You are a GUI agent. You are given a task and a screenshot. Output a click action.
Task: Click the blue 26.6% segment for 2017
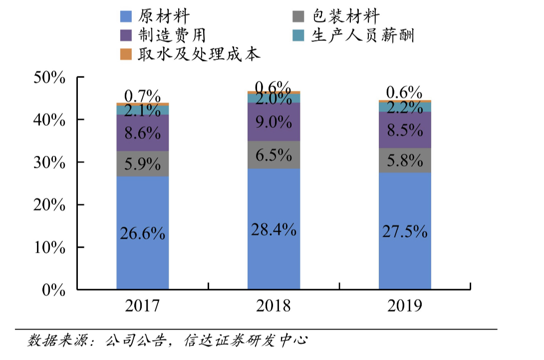pyautogui.click(x=142, y=233)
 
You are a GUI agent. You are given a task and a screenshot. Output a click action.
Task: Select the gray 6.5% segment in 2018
pyautogui.click(x=274, y=155)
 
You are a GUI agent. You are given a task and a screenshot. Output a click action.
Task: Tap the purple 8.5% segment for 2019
pyautogui.click(x=405, y=130)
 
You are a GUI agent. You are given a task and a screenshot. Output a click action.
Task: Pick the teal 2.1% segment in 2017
pyautogui.click(x=142, y=110)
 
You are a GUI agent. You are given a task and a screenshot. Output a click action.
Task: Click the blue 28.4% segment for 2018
pyautogui.click(x=274, y=229)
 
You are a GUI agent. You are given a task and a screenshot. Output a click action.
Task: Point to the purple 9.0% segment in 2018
pyautogui.click(x=274, y=121)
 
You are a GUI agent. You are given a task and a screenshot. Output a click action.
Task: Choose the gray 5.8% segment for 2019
pyautogui.click(x=405, y=160)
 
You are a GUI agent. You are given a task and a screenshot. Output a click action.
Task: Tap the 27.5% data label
pyautogui.click(x=405, y=232)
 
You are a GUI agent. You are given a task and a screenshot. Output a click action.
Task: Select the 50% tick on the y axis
pyautogui.click(x=49, y=78)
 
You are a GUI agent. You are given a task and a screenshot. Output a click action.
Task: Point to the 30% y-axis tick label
pyautogui.click(x=49, y=163)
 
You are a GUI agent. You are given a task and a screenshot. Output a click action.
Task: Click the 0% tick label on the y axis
pyautogui.click(x=53, y=290)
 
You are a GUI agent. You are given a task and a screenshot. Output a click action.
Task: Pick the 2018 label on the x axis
pyautogui.click(x=273, y=306)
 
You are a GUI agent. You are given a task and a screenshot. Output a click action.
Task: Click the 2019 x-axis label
pyautogui.click(x=405, y=306)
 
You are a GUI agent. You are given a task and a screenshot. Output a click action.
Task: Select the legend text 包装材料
pyautogui.click(x=345, y=17)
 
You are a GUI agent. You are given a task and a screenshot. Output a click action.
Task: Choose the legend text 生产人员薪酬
pyautogui.click(x=363, y=35)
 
